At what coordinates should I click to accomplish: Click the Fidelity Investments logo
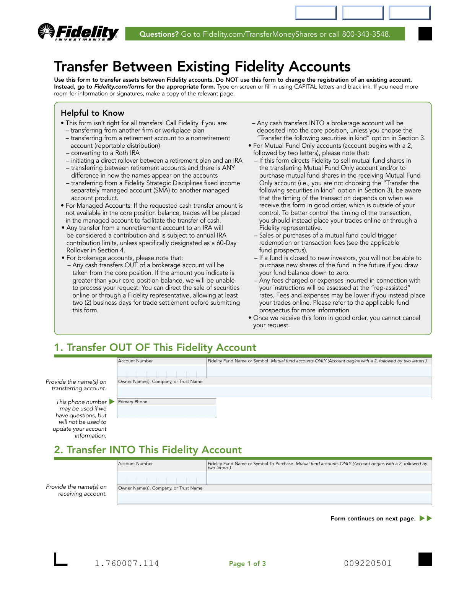[x=78, y=32]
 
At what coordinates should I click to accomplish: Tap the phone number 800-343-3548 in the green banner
[x=366, y=34]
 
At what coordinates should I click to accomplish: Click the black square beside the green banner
[x=425, y=34]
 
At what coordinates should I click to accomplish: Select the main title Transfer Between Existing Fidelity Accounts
[x=202, y=66]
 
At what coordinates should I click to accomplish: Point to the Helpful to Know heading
[x=93, y=113]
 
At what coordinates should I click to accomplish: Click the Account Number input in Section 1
[x=161, y=372]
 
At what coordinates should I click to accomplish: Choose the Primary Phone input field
[x=166, y=411]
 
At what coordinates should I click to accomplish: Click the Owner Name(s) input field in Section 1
[x=274, y=392]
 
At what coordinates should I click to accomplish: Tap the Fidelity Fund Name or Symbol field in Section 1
[x=319, y=372]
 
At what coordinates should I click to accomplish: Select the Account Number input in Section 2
[x=161, y=478]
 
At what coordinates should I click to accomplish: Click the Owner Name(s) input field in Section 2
[x=274, y=498]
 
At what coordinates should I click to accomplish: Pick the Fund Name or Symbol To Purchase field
[x=319, y=478]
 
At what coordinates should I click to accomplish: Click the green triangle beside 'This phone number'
[x=112, y=402]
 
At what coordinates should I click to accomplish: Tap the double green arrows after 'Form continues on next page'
[x=426, y=518]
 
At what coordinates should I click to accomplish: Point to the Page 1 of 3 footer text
[x=247, y=564]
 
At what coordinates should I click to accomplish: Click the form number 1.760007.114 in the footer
[x=127, y=563]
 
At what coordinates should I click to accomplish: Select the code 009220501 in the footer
[x=368, y=563]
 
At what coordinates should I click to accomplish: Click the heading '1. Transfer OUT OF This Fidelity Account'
[x=155, y=347]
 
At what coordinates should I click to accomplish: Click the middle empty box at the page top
[x=363, y=13]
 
